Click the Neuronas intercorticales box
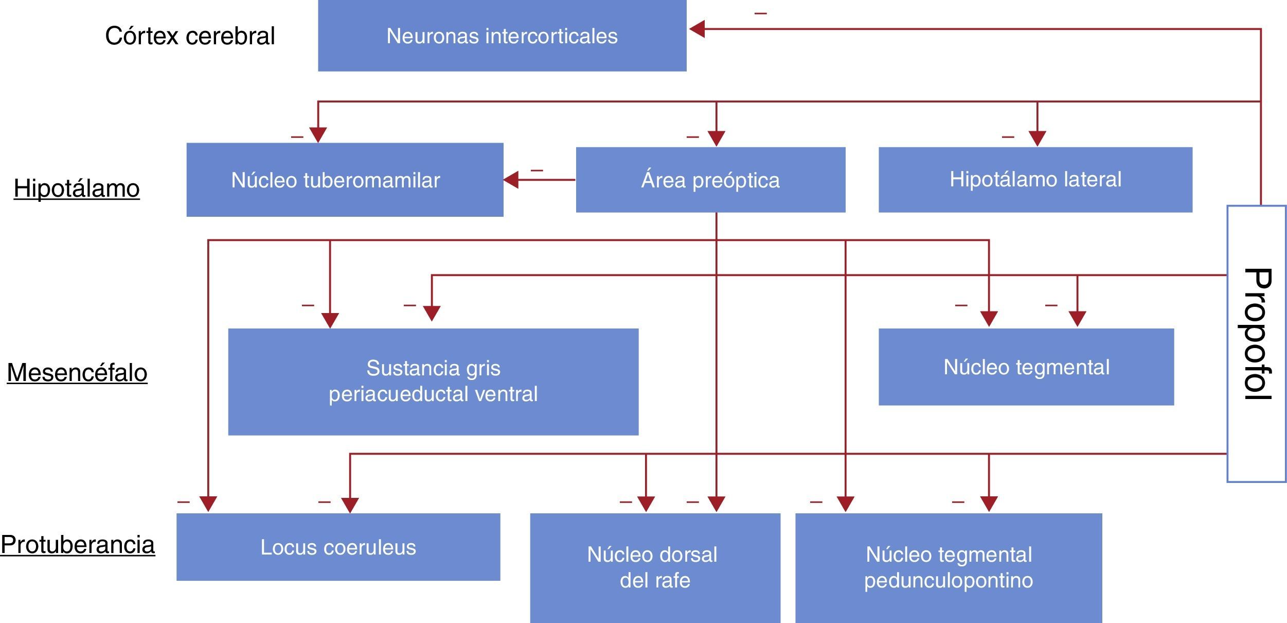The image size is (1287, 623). [x=502, y=36]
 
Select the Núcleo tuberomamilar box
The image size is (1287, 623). [x=345, y=180]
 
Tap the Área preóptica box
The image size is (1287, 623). [x=710, y=180]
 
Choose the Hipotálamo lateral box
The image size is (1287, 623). [x=1035, y=180]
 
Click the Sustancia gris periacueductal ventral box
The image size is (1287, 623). [x=433, y=382]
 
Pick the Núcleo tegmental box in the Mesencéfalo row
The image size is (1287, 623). [x=1026, y=367]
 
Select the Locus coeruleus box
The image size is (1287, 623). [x=338, y=547]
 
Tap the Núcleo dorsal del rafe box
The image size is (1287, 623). [x=655, y=568]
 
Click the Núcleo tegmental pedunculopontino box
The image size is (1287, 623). [x=949, y=568]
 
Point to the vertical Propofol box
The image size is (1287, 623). [x=1257, y=343]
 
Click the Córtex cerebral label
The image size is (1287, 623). [x=190, y=36]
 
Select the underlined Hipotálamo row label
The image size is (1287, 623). [x=77, y=188]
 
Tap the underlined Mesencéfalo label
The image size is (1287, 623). [x=77, y=372]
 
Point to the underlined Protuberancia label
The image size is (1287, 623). [x=78, y=545]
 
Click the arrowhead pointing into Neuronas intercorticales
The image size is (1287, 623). [x=697, y=29]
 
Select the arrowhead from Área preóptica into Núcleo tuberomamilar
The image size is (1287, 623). [x=511, y=180]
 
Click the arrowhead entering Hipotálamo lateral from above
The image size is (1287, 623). [x=1037, y=139]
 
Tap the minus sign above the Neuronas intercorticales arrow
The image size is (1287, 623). [x=761, y=13]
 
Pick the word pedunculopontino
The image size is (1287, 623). [x=949, y=581]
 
